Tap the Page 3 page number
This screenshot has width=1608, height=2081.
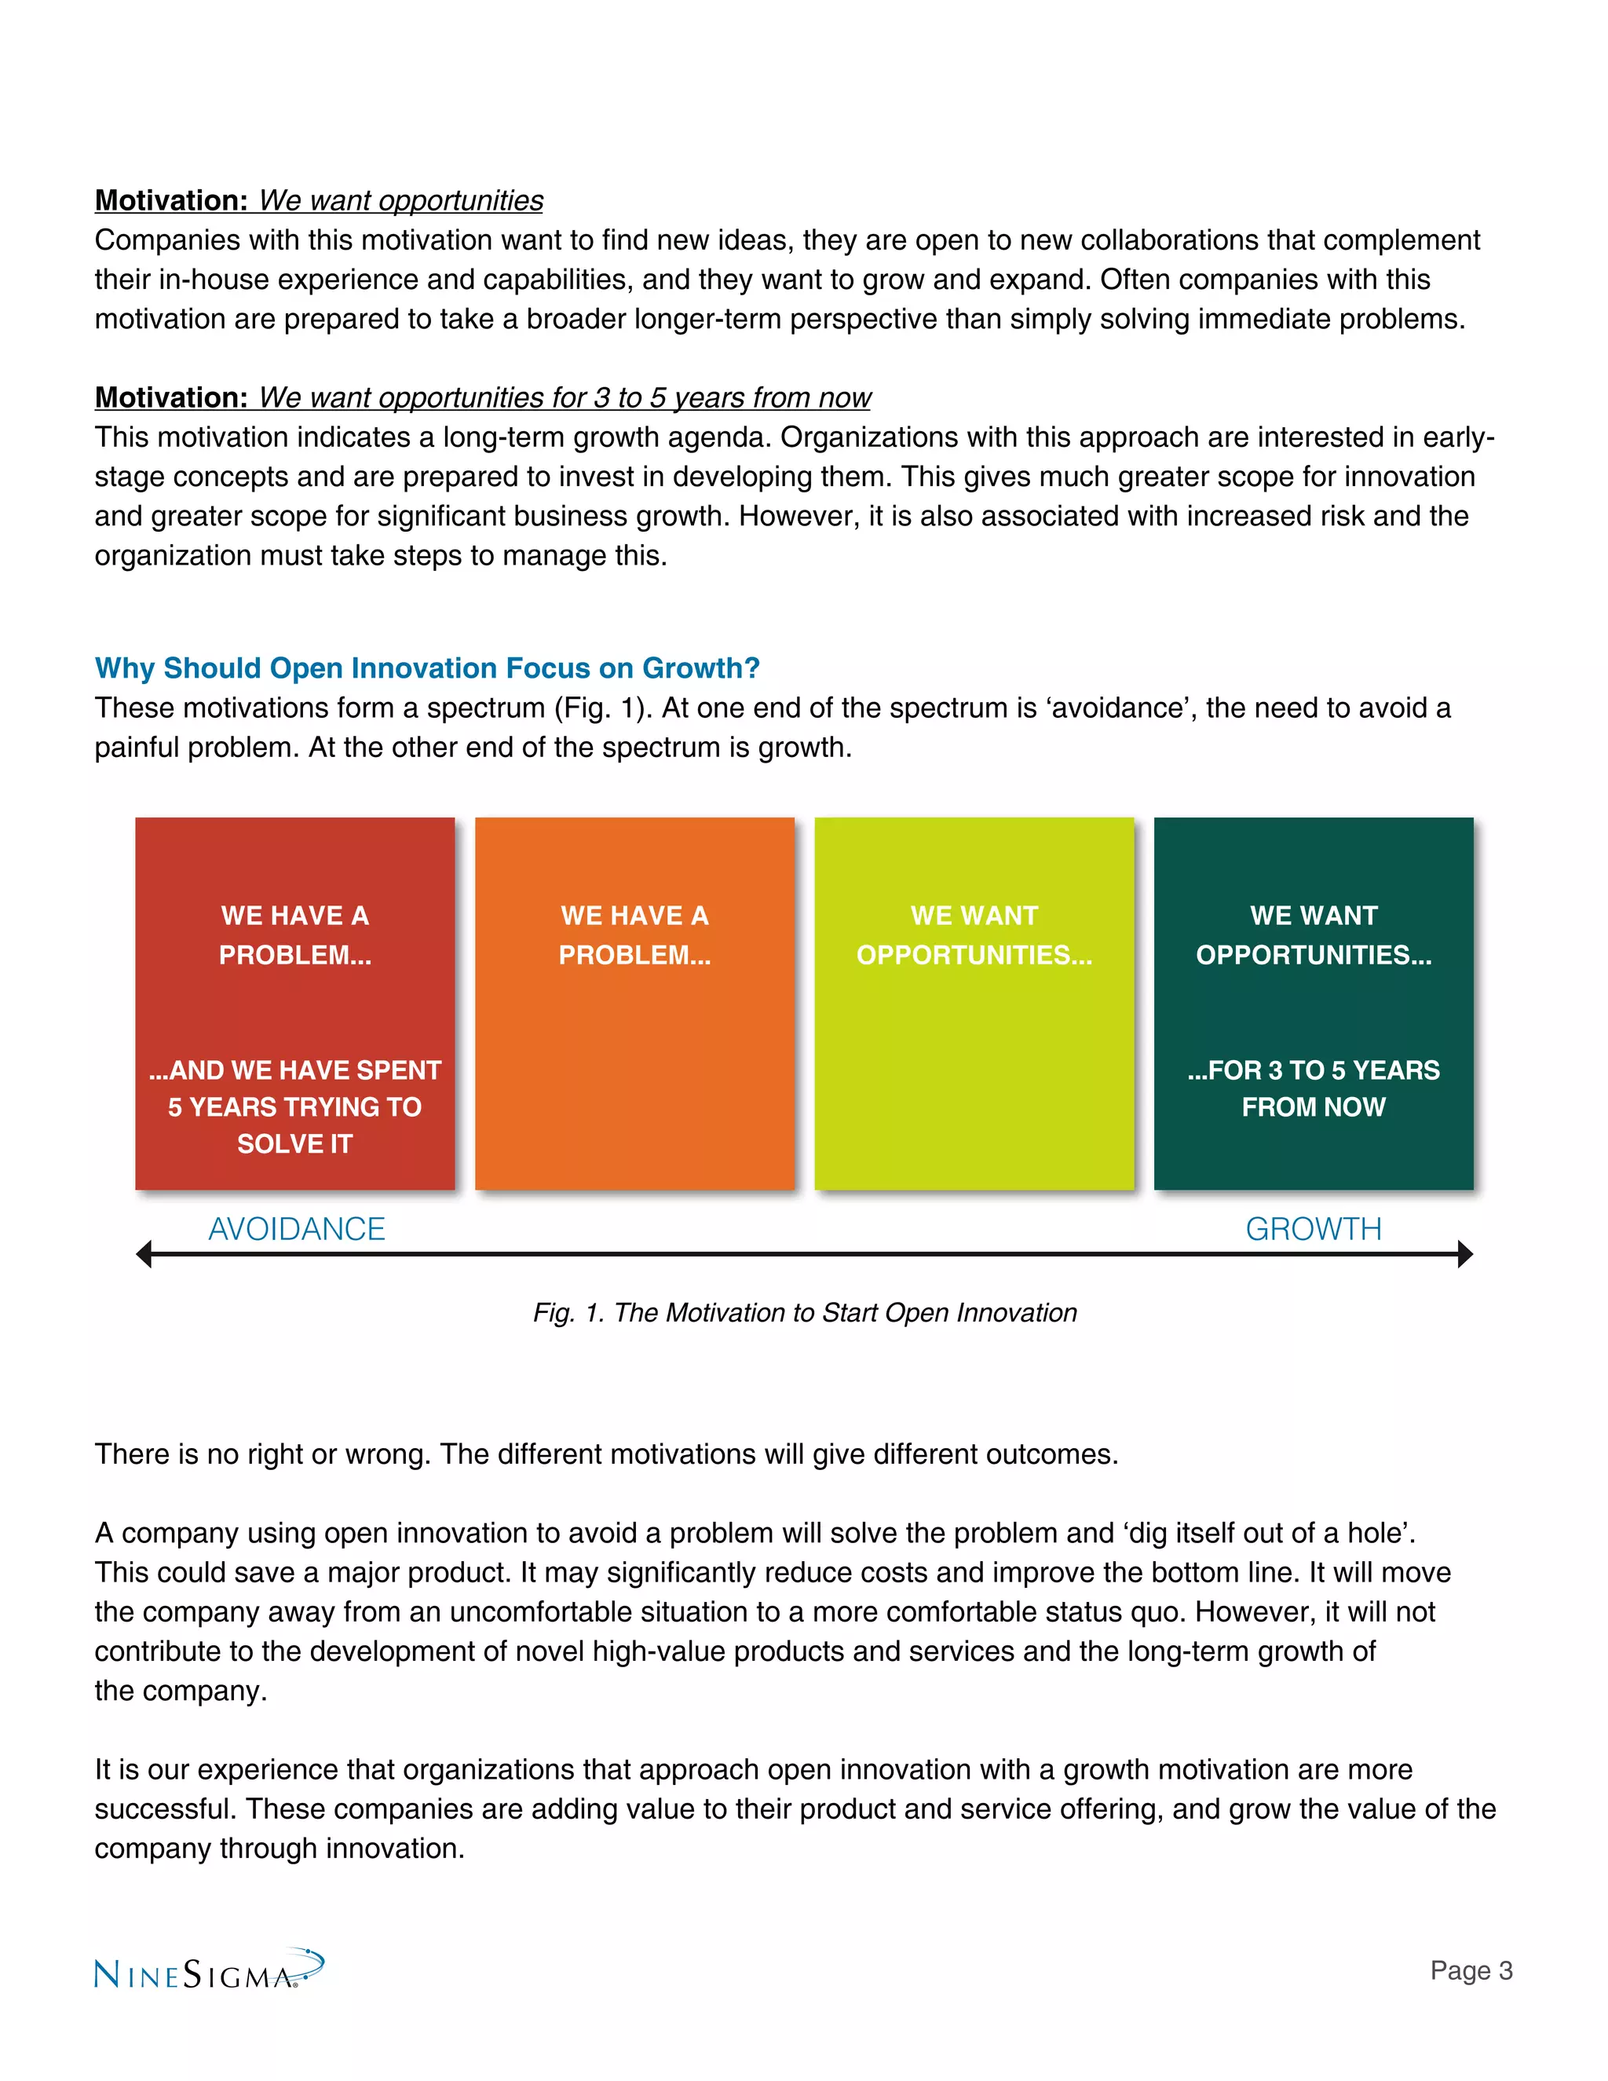(x=1470, y=1969)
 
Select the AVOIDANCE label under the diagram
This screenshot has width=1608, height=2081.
(x=296, y=1228)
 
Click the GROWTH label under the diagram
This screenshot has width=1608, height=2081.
(x=1313, y=1228)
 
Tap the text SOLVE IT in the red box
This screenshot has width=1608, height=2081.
(x=294, y=1143)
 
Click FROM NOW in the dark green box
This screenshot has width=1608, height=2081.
(x=1313, y=1106)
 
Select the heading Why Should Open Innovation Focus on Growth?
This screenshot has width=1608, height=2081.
(x=427, y=668)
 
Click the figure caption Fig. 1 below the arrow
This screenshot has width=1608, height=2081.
(x=804, y=1312)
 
